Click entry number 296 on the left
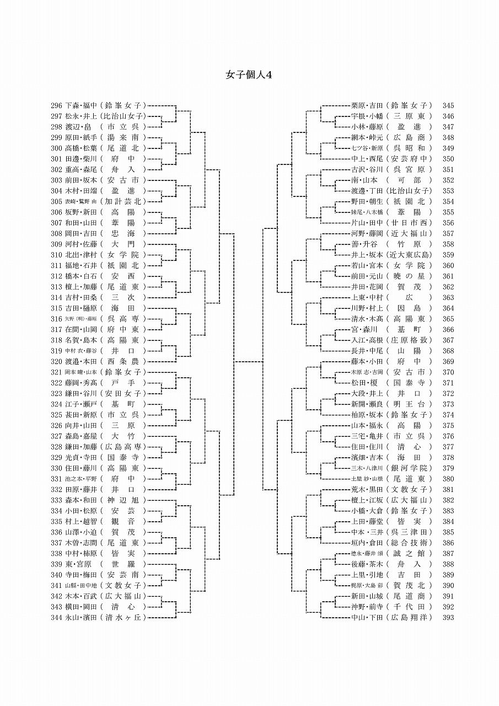(56, 105)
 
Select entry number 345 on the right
(448, 105)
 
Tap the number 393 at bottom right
(448, 618)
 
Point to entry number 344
(56, 618)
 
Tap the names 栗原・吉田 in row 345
(367, 105)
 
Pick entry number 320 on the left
(56, 362)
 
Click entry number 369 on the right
(448, 362)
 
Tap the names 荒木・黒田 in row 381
(367, 490)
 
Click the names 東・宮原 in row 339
(78, 564)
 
